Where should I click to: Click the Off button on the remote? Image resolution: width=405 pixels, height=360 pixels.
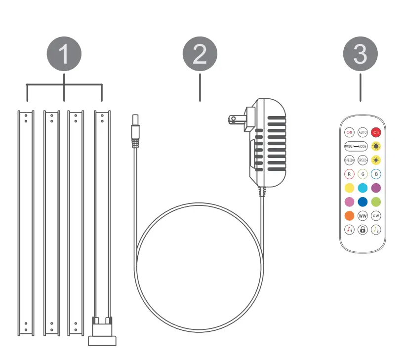349,132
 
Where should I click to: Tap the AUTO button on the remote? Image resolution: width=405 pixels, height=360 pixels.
363,132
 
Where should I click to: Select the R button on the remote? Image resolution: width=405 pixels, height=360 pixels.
349,174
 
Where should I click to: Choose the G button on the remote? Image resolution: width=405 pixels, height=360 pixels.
363,174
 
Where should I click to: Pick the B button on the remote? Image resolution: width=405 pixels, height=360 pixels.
376,174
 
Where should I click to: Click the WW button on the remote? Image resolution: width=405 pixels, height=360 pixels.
363,216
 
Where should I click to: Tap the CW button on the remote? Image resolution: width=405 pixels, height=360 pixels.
376,216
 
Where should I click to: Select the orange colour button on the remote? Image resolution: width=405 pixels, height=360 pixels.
349,216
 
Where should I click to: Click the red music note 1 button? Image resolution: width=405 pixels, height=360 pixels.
349,230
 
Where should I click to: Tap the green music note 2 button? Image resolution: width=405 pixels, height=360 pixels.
376,230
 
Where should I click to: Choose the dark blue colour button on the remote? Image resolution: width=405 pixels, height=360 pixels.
363,201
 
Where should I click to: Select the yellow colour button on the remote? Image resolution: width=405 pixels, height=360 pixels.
349,188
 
